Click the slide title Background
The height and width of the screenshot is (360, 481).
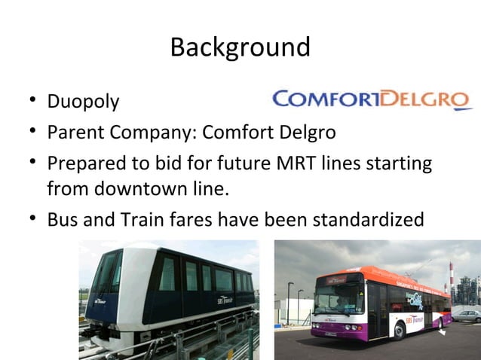[x=240, y=47]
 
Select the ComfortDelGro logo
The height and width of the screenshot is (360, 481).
[x=372, y=99]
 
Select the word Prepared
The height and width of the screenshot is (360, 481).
[x=84, y=163]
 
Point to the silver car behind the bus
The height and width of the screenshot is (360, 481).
[x=467, y=316]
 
